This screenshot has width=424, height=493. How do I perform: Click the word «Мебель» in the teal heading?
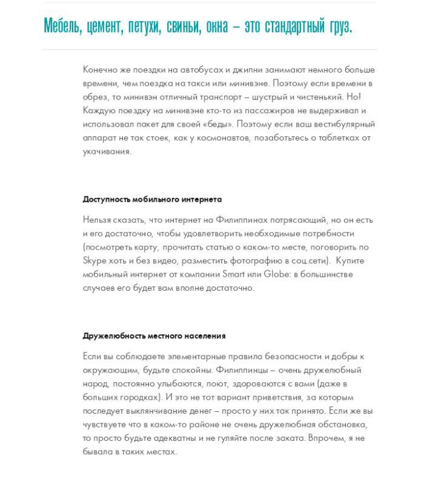click(x=62, y=26)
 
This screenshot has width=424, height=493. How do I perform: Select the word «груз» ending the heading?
click(x=338, y=26)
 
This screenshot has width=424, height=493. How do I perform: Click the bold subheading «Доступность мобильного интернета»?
click(x=152, y=199)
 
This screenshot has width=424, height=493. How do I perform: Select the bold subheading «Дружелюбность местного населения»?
click(x=154, y=336)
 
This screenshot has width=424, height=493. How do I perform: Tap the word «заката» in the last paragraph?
click(x=287, y=438)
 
